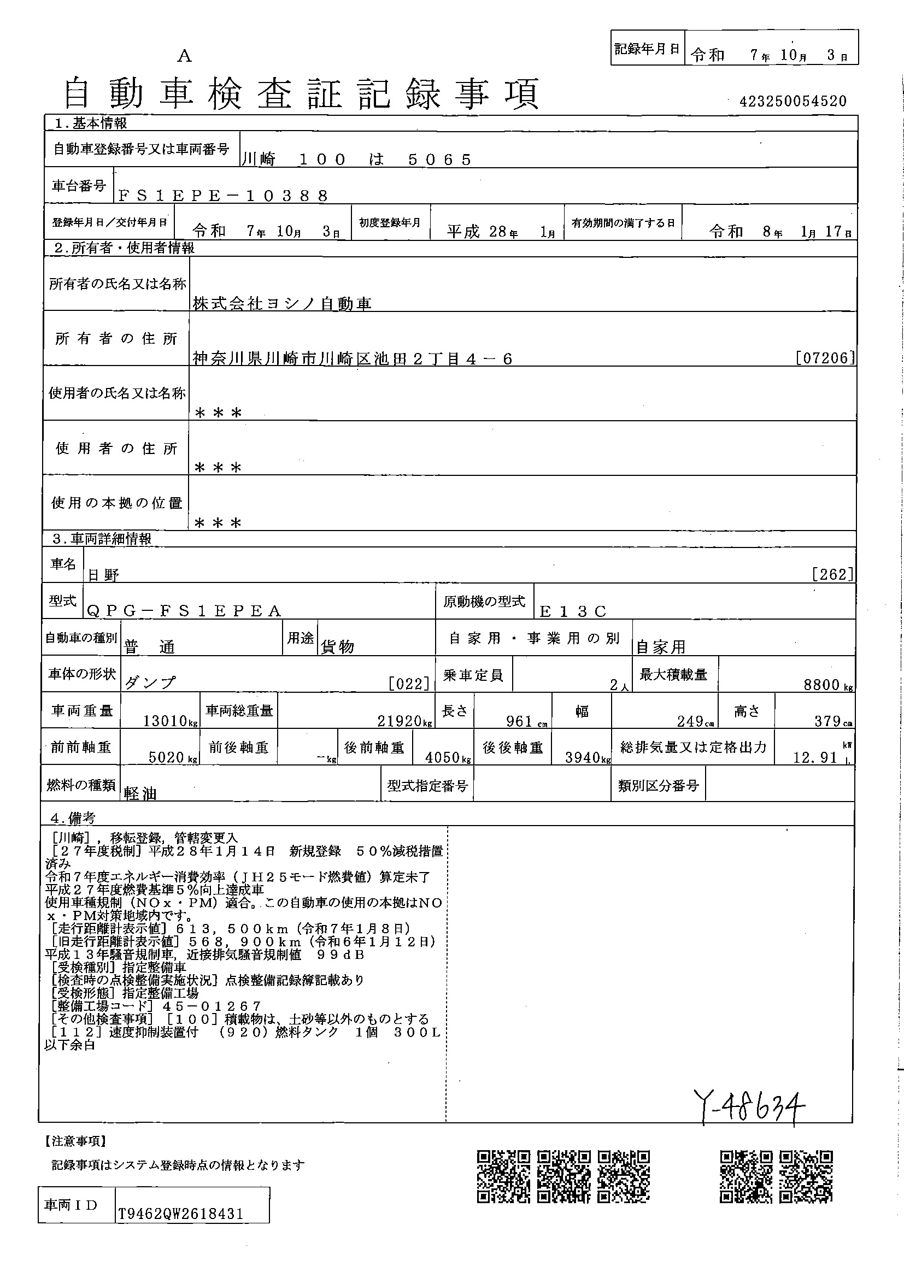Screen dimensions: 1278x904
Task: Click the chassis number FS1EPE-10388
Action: tap(223, 196)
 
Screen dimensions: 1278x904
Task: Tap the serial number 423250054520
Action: tap(793, 101)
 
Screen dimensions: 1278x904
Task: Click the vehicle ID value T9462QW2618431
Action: tap(180, 1214)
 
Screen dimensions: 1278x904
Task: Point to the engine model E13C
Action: tap(573, 611)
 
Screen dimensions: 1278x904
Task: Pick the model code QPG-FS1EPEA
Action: tap(184, 611)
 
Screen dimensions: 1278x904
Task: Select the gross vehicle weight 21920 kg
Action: tap(402, 721)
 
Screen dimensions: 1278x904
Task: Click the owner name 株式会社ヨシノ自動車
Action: tap(282, 303)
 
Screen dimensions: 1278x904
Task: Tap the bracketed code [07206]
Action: tap(825, 358)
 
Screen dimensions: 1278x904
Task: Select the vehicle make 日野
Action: tap(103, 575)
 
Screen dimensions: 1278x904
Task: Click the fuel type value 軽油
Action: tap(140, 794)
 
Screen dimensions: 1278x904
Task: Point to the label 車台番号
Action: tap(79, 186)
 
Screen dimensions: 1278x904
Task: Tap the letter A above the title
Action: tap(184, 56)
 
